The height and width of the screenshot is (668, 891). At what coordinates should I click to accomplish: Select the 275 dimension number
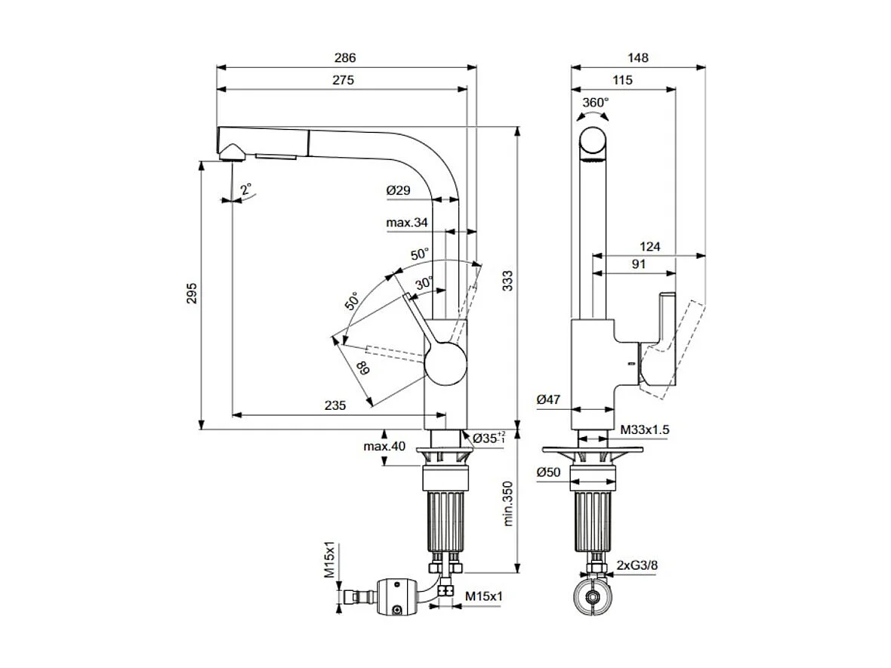[342, 80]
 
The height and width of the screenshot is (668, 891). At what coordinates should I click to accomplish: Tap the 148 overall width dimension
[638, 57]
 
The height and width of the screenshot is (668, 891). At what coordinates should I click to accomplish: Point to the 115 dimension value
[622, 80]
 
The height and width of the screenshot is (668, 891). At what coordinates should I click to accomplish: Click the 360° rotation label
[595, 102]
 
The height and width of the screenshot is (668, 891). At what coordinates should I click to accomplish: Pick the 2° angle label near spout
[246, 189]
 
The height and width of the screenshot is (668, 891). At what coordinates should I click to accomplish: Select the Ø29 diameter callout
[398, 191]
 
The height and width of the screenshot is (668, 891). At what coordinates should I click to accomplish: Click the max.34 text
[407, 223]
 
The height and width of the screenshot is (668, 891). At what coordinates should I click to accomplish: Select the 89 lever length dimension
[363, 369]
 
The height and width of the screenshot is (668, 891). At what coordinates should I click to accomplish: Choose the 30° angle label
[424, 282]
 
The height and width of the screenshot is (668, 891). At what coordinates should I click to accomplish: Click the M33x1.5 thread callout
[645, 429]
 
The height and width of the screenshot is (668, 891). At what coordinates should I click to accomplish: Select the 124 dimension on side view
[649, 247]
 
